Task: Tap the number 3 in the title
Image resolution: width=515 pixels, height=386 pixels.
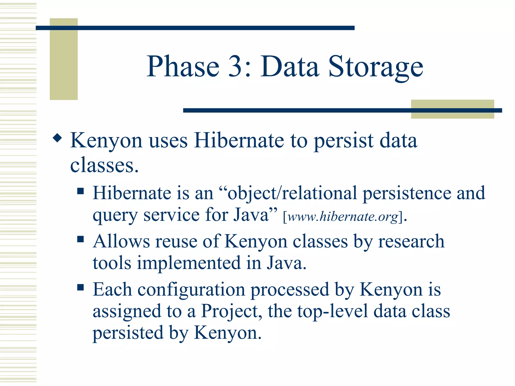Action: [236, 67]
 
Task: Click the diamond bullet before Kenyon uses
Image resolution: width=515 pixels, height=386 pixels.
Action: [57, 138]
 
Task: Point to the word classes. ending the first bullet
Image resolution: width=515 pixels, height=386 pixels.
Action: [104, 166]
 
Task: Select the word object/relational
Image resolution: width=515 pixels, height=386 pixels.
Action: [292, 194]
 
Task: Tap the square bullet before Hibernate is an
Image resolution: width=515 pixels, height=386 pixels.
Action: [80, 191]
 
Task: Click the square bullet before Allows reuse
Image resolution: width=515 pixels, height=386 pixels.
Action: [80, 239]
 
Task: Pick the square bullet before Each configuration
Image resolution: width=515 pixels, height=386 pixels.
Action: [80, 287]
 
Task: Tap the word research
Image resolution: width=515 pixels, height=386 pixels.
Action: [411, 241]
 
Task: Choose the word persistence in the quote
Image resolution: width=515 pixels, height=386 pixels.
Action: [407, 194]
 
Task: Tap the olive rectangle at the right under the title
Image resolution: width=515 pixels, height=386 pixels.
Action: [452, 109]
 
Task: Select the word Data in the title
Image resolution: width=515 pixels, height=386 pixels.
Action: [289, 67]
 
